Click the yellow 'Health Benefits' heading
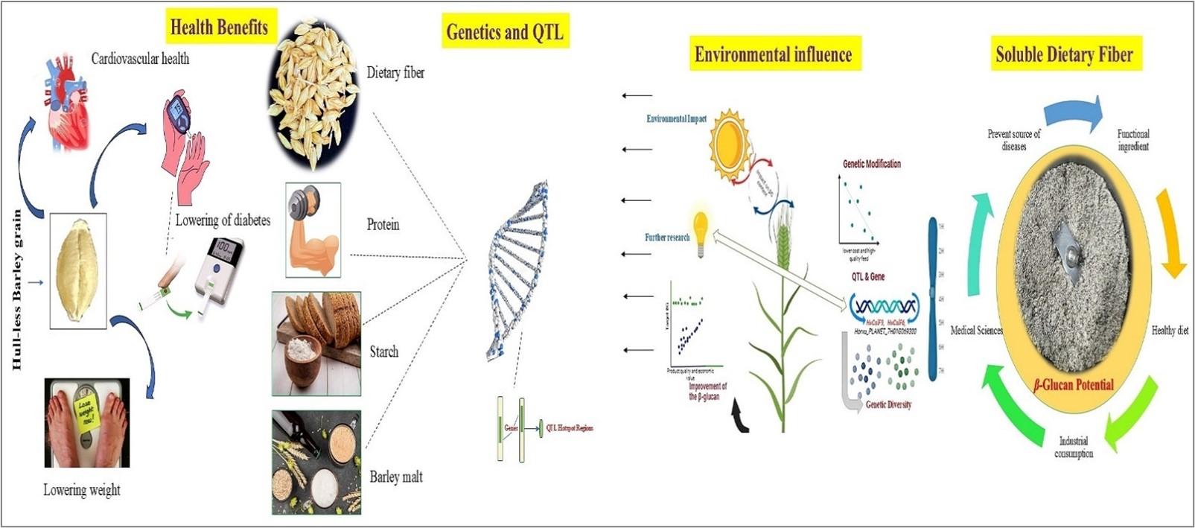click(x=220, y=28)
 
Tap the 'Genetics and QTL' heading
click(x=505, y=32)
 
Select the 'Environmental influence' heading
click(x=773, y=54)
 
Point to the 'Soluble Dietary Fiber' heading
click(x=1064, y=54)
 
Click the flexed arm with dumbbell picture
click(x=313, y=230)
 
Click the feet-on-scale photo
click(x=87, y=422)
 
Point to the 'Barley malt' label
click(x=396, y=477)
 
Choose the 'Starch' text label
click(x=384, y=352)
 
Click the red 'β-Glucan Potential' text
click(x=1074, y=385)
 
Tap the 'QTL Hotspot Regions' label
click(x=570, y=428)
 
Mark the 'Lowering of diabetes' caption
click(x=223, y=220)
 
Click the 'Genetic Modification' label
click(x=872, y=164)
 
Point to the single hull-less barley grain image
click(x=77, y=271)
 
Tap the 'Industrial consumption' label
click(x=1074, y=447)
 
